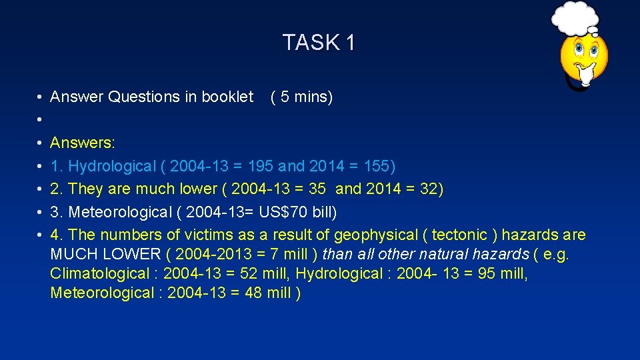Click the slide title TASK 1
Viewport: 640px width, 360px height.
pyautogui.click(x=319, y=43)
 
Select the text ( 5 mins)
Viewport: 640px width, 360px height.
pyautogui.click(x=301, y=97)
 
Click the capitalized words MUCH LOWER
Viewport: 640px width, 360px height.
pyautogui.click(x=105, y=254)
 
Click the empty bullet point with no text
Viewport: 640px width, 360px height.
pyautogui.click(x=41, y=120)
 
